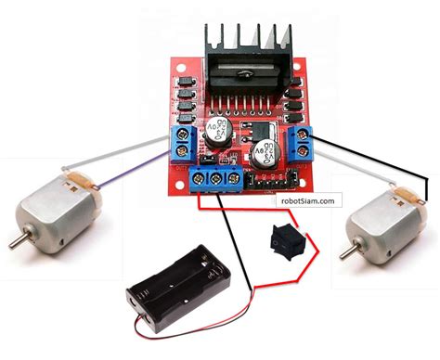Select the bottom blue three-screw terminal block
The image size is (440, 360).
click(215, 179)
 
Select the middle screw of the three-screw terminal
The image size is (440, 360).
click(215, 176)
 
